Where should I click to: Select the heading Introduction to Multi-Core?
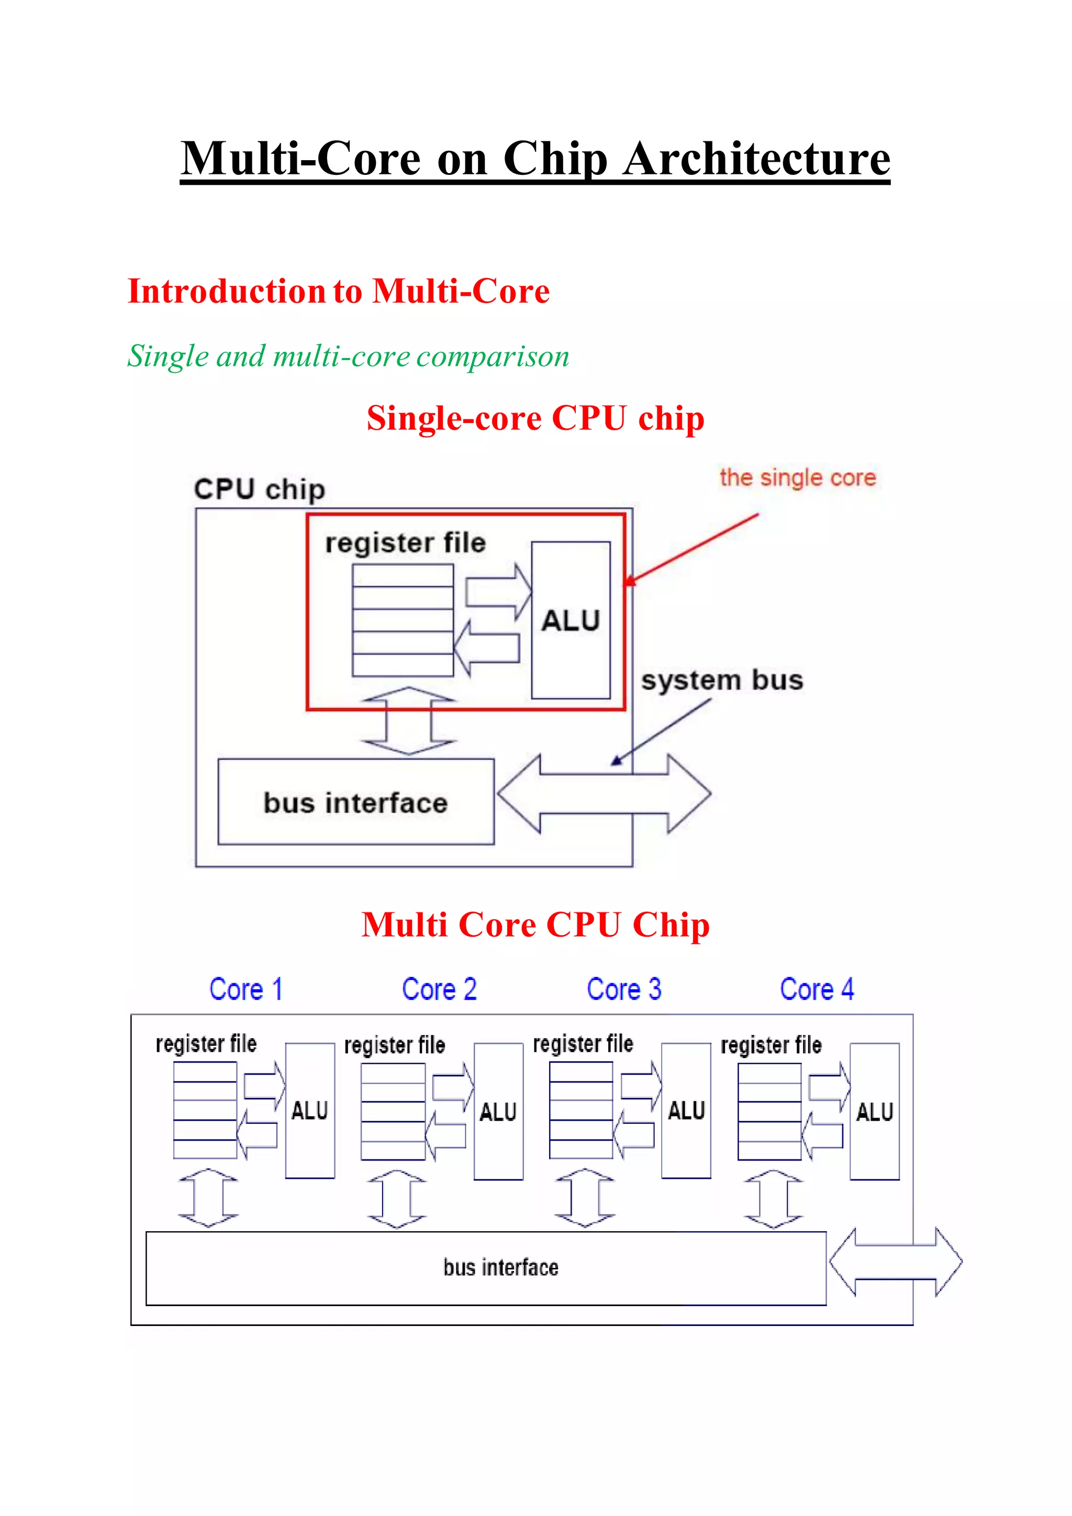[x=338, y=291]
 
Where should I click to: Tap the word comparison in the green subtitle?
[x=493, y=356]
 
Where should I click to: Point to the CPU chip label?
[x=260, y=489]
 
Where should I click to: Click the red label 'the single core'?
[x=797, y=477]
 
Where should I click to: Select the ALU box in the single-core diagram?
[x=571, y=620]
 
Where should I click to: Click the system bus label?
[x=722, y=680]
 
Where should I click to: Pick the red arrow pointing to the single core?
[x=693, y=548]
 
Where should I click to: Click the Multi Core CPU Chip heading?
[x=535, y=924]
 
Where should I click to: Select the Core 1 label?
[x=245, y=989]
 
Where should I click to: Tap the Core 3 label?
[x=624, y=989]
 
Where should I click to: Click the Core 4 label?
[x=817, y=989]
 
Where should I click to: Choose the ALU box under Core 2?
[x=498, y=1111]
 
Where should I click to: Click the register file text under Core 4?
[x=771, y=1045]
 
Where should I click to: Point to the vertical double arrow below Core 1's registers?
[x=208, y=1198]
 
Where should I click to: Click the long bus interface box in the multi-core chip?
[x=486, y=1268]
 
